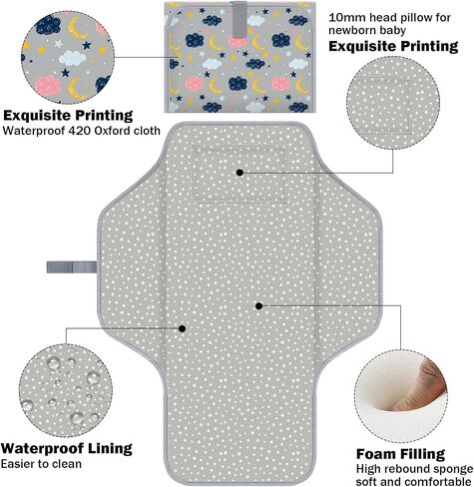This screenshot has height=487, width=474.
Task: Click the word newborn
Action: [354, 30]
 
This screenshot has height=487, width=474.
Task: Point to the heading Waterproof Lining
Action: [67, 448]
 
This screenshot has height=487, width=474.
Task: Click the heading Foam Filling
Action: [400, 454]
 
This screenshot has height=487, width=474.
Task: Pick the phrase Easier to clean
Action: [41, 464]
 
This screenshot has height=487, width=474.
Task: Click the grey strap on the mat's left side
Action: [72, 266]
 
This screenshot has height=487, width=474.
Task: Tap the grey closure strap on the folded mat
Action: [239, 19]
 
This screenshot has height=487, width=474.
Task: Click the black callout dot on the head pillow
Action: [239, 173]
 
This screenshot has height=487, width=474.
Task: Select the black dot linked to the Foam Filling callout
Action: [259, 306]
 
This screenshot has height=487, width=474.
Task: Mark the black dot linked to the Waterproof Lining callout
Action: [182, 328]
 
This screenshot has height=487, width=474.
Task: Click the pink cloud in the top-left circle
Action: [48, 85]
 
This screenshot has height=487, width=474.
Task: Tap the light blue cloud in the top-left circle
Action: [73, 59]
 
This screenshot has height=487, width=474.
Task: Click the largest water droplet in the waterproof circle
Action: [94, 377]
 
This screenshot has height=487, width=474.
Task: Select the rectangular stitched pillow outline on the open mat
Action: [239, 175]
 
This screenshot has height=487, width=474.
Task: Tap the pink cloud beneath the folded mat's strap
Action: [237, 41]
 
